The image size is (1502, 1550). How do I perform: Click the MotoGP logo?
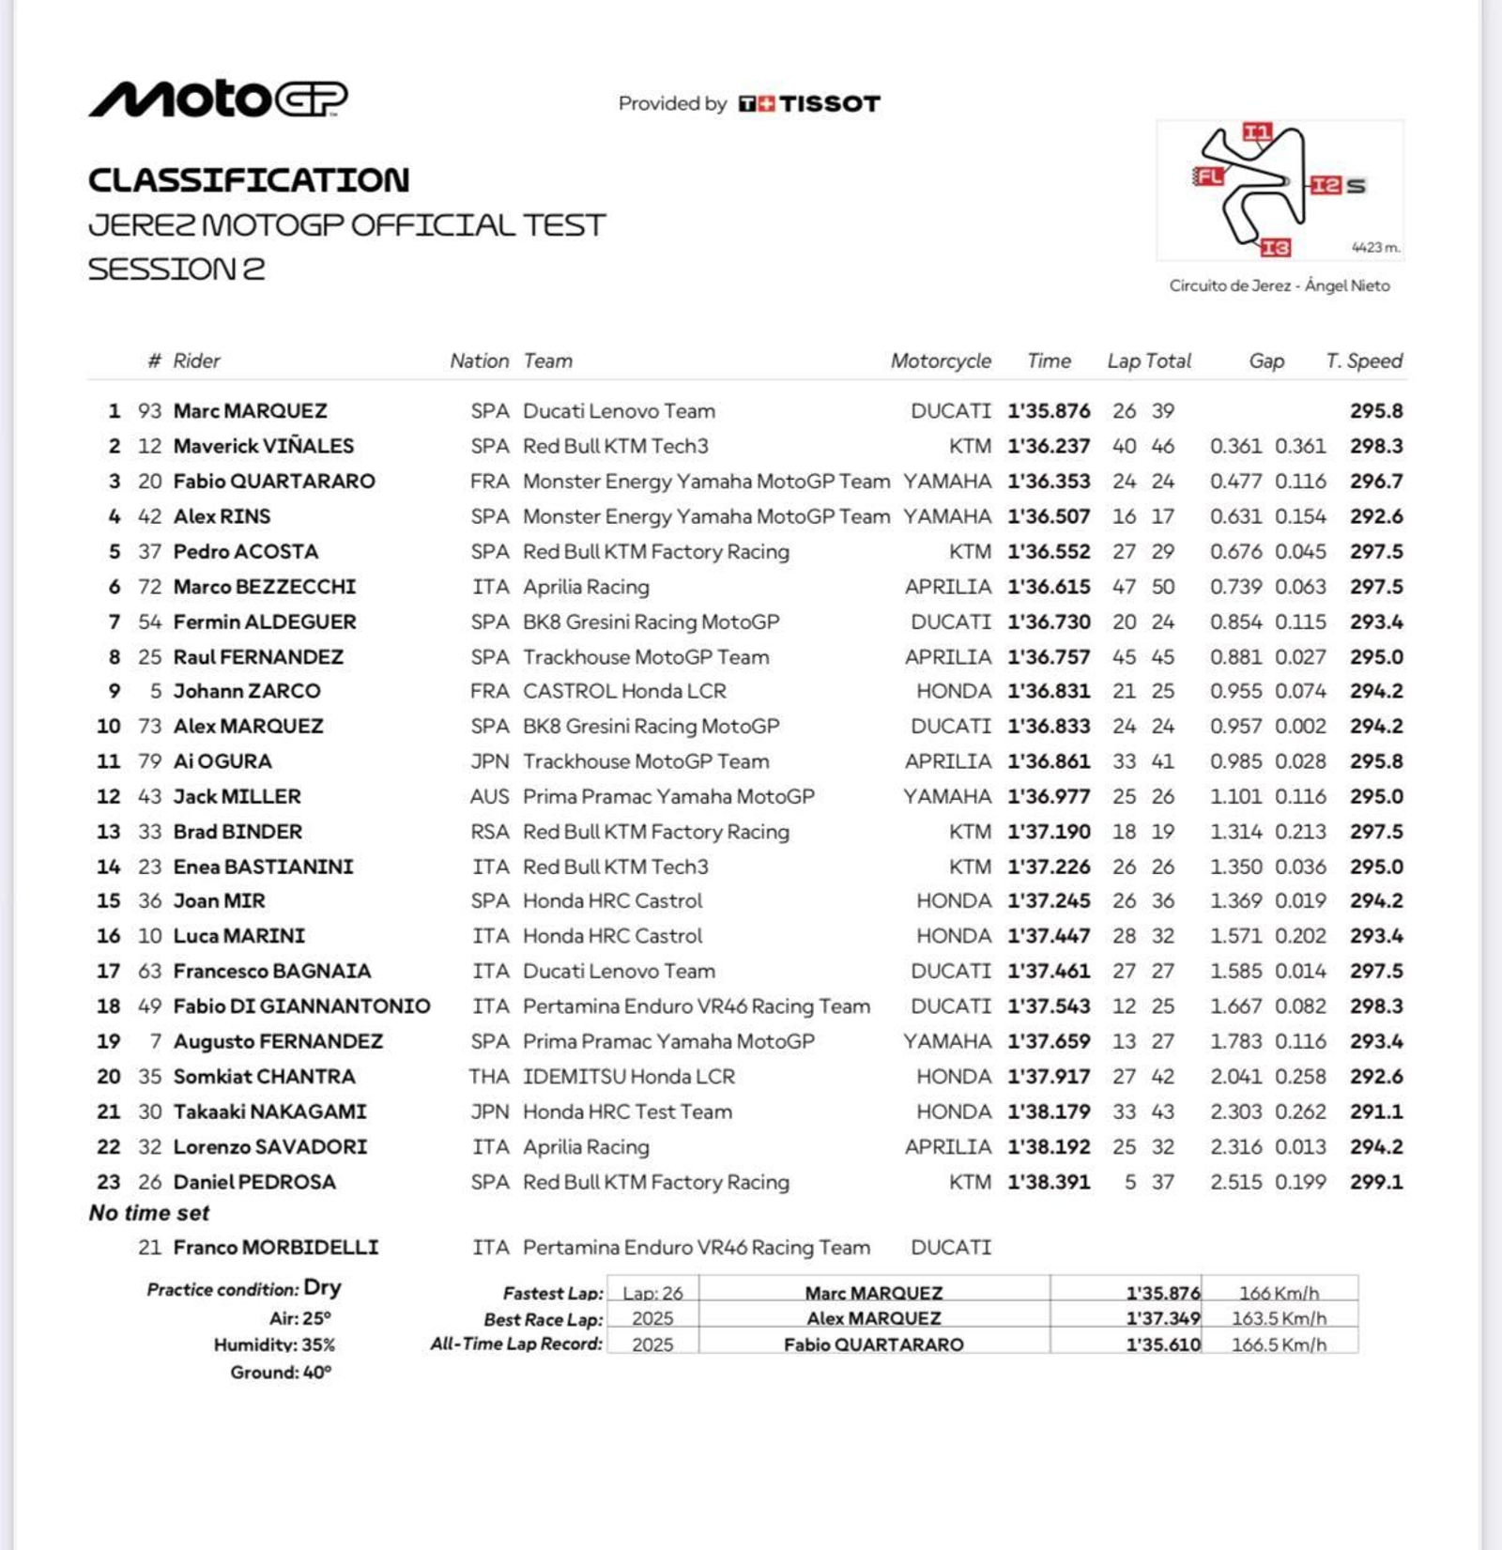[218, 99]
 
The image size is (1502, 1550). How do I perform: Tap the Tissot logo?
[809, 103]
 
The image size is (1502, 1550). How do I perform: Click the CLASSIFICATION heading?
[249, 180]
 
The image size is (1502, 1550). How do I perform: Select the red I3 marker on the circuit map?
[1275, 248]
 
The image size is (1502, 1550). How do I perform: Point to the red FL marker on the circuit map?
[1208, 176]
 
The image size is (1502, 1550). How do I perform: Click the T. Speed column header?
[1363, 361]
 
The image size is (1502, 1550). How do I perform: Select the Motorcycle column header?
[941, 361]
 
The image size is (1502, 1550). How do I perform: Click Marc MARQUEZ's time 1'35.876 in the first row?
[1049, 411]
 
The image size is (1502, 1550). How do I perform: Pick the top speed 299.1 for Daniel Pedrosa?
[1376, 1182]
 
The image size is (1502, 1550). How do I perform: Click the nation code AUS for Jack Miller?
[489, 797]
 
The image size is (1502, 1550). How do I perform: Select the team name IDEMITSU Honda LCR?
[629, 1077]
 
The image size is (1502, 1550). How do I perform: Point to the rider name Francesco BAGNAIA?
[272, 971]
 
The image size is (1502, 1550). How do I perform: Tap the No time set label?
[149, 1213]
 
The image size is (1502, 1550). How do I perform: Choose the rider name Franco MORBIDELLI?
[276, 1248]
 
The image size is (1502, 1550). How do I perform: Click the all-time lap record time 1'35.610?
[1163, 1344]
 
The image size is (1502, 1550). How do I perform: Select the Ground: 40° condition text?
[281, 1373]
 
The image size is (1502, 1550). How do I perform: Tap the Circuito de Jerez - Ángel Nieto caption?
[1280, 285]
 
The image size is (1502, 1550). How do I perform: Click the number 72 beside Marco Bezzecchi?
[150, 587]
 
